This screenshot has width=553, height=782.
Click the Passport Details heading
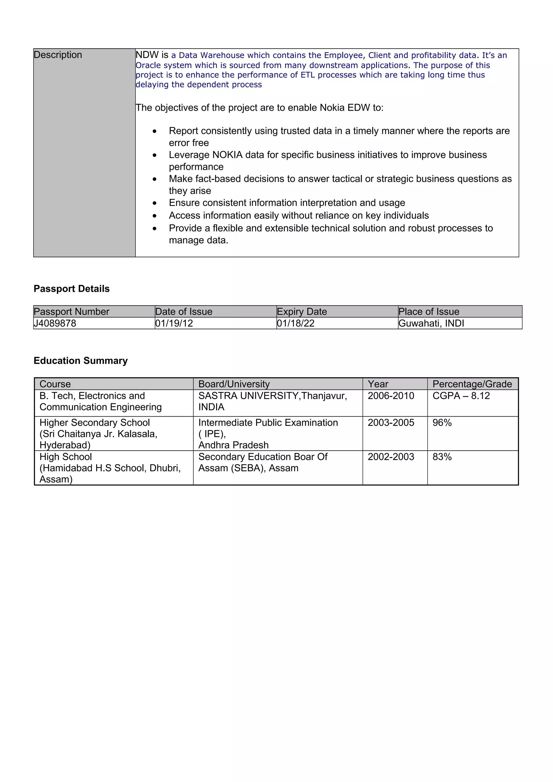[72, 288]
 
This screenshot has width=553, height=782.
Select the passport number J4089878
[55, 323]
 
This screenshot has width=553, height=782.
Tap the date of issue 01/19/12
[174, 323]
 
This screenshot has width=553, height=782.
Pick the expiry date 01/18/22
[295, 323]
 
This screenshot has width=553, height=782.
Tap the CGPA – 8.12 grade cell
[461, 396]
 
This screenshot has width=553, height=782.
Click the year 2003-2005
[390, 423]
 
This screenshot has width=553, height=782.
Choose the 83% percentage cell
[442, 457]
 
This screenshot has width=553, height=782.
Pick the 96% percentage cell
[442, 423]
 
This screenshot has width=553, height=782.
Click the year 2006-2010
[390, 396]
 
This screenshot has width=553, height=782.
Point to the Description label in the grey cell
[58, 55]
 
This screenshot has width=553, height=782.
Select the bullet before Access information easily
[155, 216]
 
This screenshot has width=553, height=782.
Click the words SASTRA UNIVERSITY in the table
[249, 396]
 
